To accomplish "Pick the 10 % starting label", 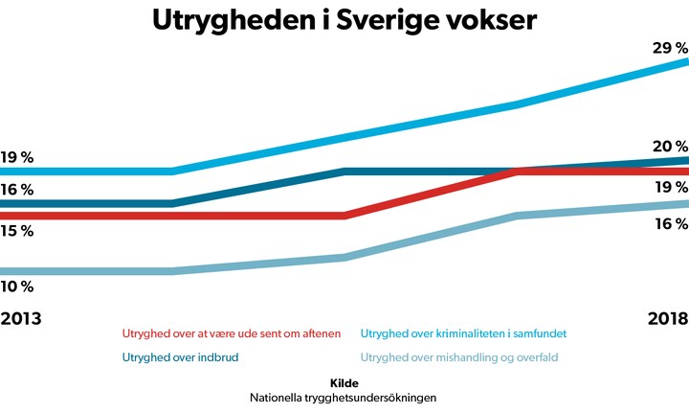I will [17, 287].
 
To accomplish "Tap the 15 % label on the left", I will [17, 231].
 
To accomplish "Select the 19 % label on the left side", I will [17, 157].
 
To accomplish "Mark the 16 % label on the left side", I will [17, 190].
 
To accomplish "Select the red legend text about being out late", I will [232, 333].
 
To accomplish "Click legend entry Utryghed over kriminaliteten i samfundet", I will [470, 333].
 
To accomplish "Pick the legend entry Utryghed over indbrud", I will [180, 358].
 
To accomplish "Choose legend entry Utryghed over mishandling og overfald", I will [458, 358].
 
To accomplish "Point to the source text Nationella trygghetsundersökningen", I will [344, 397].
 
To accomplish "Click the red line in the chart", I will [431, 194].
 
